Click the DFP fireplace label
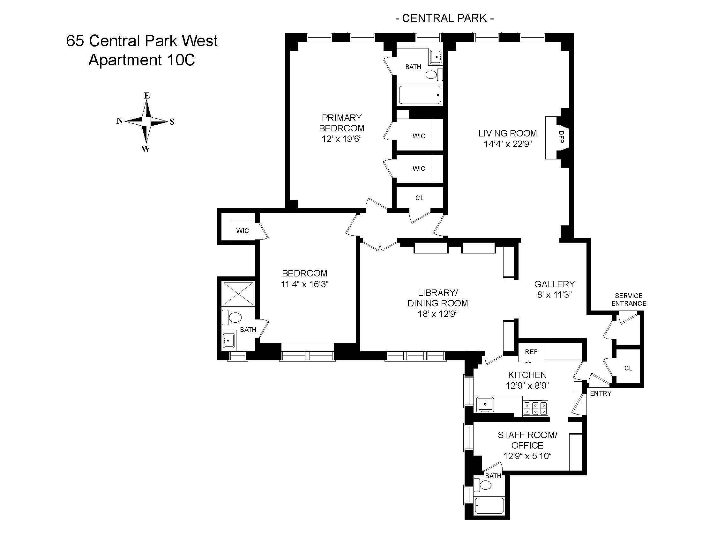coord(561,137)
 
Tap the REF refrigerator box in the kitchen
coord(531,352)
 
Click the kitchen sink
coord(485,404)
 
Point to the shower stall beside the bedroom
coord(238,293)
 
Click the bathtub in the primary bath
coord(420,95)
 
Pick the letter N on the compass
coord(120,121)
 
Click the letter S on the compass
coord(172,122)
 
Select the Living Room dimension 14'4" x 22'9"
coord(508,144)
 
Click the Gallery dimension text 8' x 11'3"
coord(554,295)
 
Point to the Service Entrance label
coord(628,300)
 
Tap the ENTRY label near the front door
coord(601,393)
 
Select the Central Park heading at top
coord(444,18)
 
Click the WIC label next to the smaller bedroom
coord(243,231)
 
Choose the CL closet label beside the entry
coord(628,368)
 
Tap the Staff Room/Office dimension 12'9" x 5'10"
coord(527,456)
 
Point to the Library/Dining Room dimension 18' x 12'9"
coord(437,314)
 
